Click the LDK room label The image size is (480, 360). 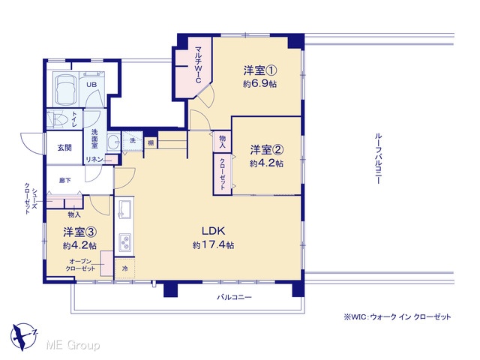[213, 231]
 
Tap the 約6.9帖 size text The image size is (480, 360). [260, 83]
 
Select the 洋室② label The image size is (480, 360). [267, 150]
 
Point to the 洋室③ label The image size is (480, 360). [80, 232]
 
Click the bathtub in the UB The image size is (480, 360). [65, 88]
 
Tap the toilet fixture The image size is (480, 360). [58, 118]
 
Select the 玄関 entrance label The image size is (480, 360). [64, 148]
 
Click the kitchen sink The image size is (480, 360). [124, 209]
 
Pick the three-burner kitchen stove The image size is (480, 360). [124, 242]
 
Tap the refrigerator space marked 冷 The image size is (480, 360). [125, 268]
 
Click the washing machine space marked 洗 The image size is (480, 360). [133, 141]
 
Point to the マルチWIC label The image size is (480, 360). [198, 64]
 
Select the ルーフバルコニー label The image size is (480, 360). [378, 158]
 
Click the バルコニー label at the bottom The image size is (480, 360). [235, 297]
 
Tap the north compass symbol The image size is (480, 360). [23, 336]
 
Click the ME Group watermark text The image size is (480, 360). [73, 345]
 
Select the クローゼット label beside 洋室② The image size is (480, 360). [223, 174]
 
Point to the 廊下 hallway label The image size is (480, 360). [65, 180]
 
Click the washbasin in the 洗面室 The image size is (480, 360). [114, 142]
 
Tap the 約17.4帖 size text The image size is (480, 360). [214, 245]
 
